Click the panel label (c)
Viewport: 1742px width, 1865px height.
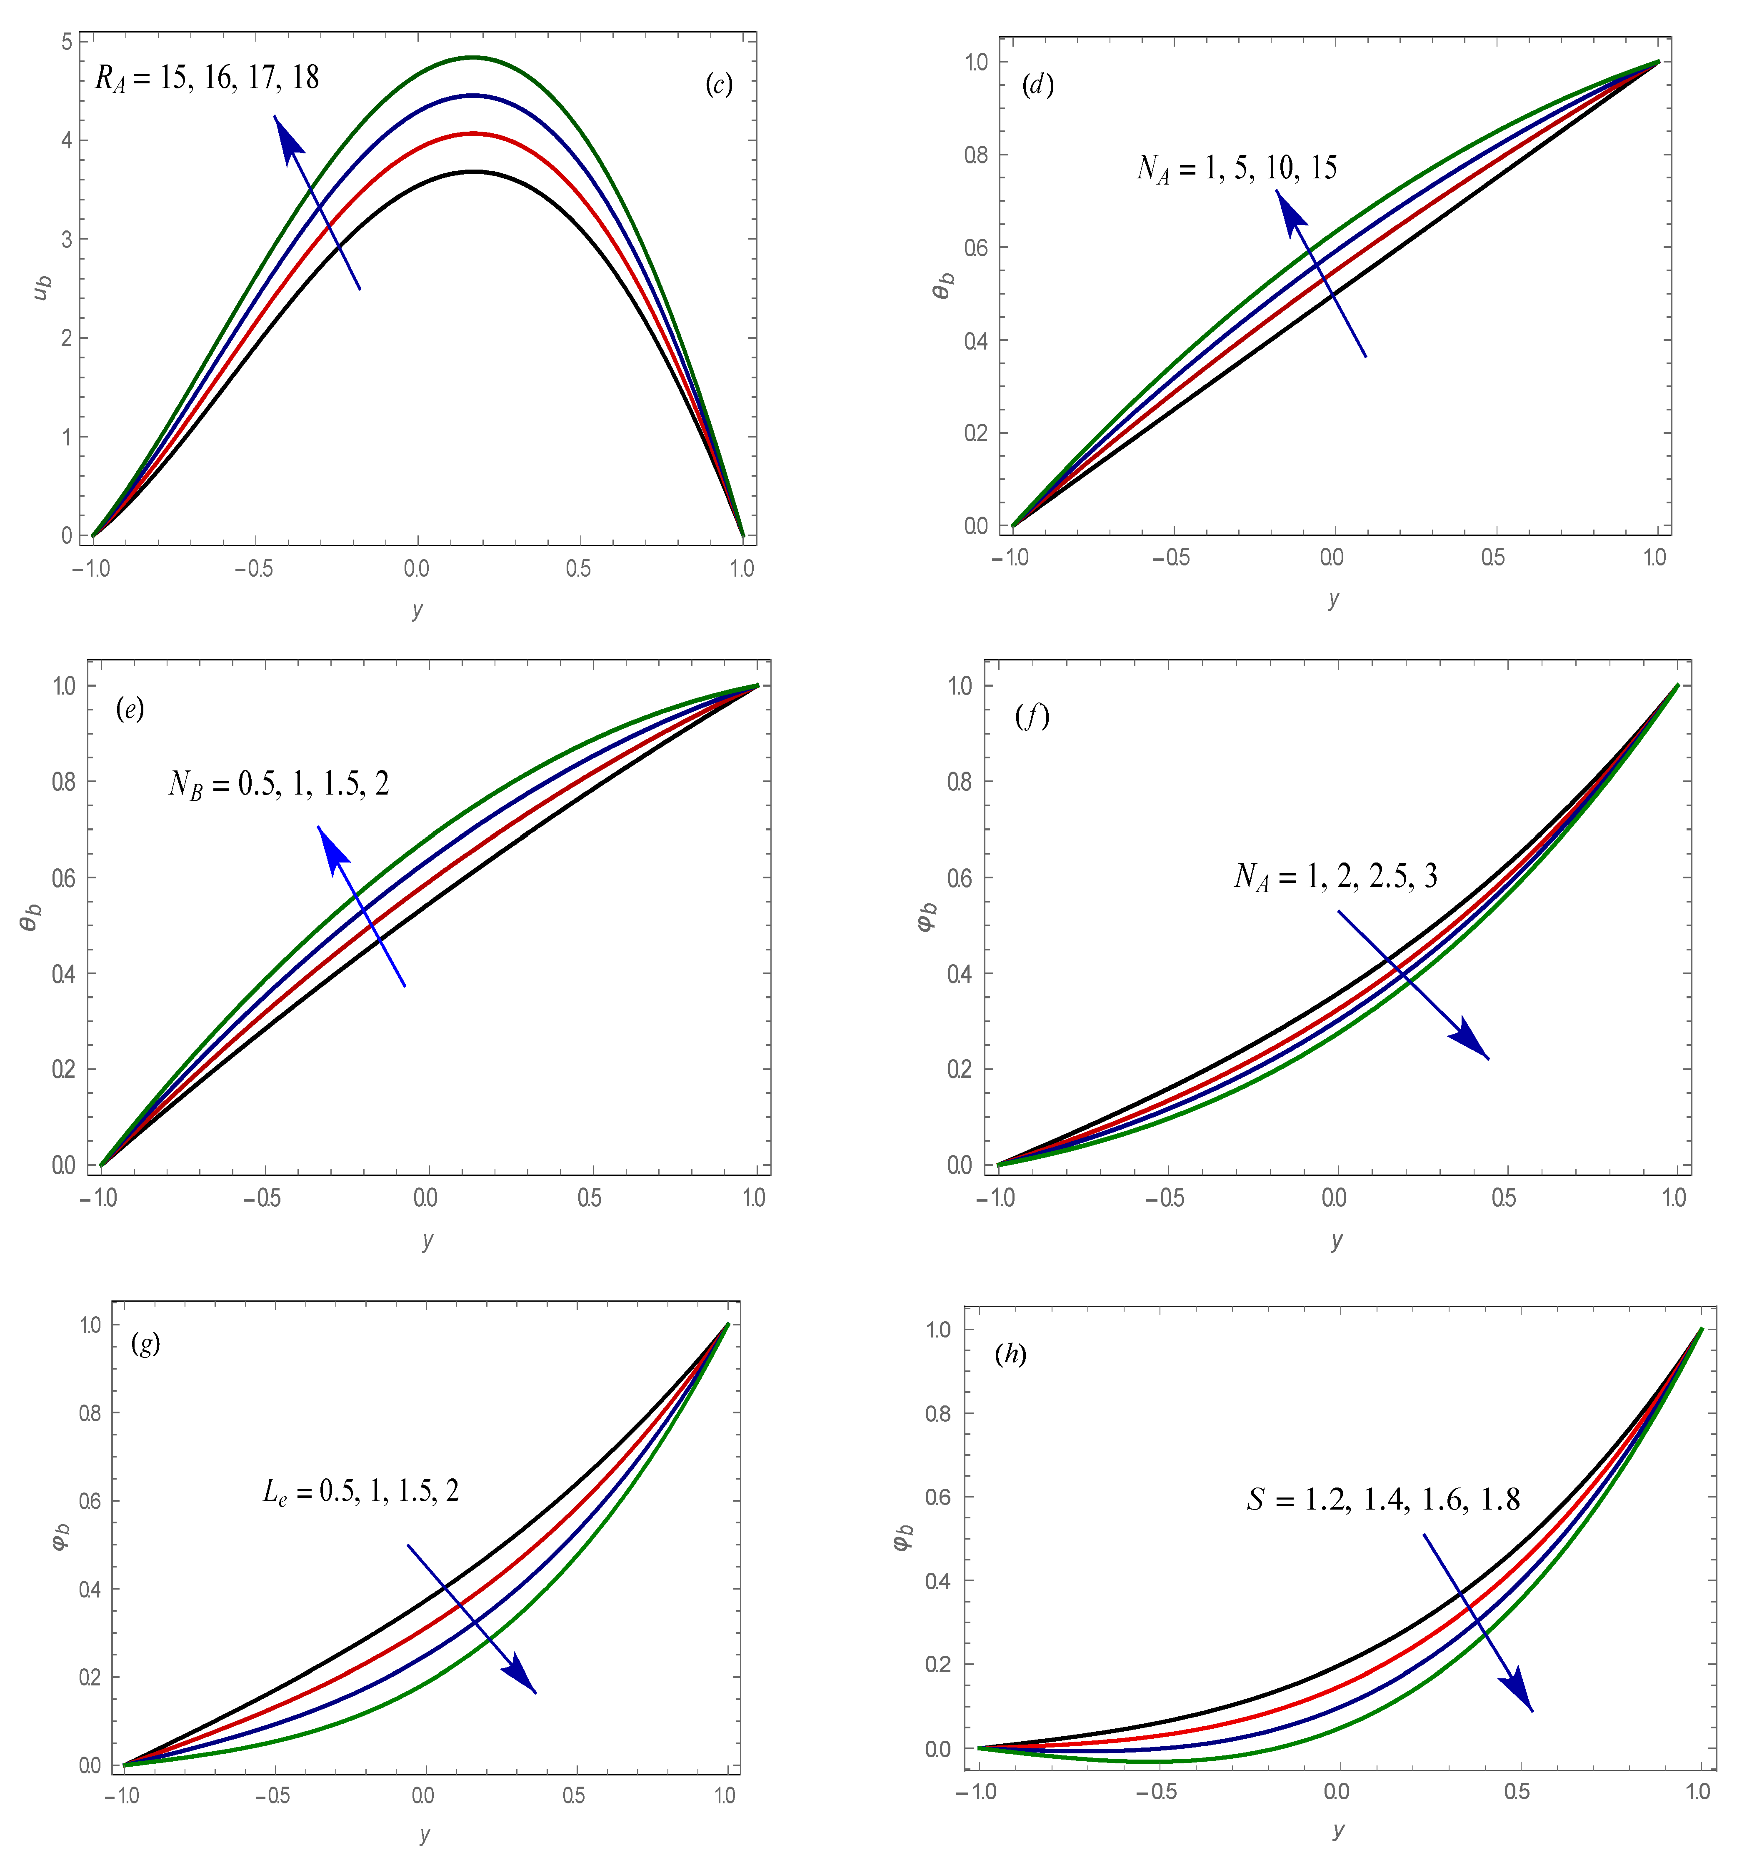tap(719, 85)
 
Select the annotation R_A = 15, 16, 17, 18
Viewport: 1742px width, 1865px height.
tap(207, 78)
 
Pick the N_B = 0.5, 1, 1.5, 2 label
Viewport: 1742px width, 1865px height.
tap(279, 784)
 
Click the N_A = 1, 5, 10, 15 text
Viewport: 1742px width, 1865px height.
tap(1236, 169)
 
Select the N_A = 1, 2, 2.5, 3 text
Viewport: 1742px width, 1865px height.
tap(1335, 876)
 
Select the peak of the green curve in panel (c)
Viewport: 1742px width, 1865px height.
tap(474, 57)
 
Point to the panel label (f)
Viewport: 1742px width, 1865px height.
tap(1032, 717)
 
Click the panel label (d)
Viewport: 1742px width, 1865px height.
tap(1037, 85)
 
